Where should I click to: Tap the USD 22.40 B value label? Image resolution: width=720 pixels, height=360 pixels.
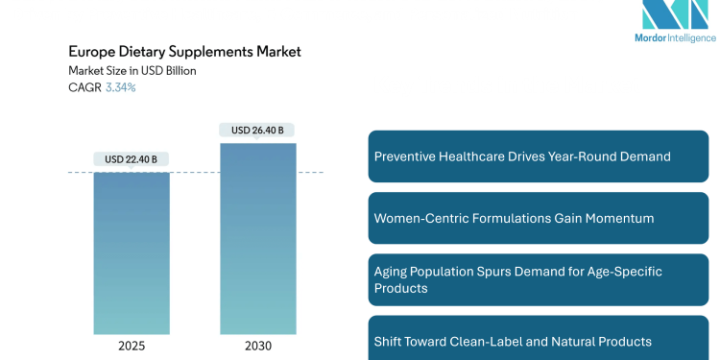tap(132, 159)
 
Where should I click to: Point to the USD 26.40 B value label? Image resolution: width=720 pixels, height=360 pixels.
tap(257, 130)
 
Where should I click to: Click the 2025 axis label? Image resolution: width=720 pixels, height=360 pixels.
tap(132, 346)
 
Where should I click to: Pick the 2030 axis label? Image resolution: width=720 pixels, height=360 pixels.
tap(257, 346)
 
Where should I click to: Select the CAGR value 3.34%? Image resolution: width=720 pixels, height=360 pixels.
tap(120, 87)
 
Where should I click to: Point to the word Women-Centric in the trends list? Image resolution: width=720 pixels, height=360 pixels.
tap(418, 218)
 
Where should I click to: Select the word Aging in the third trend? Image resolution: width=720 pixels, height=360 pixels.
tap(392, 272)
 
